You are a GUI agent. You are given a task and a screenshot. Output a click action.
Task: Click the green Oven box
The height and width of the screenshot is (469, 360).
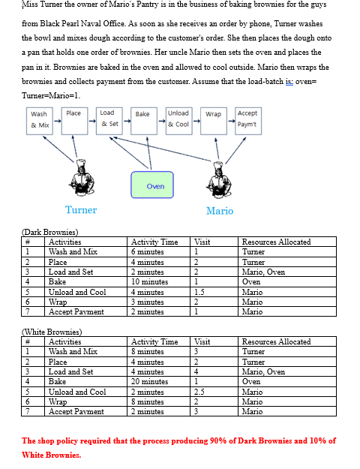155,185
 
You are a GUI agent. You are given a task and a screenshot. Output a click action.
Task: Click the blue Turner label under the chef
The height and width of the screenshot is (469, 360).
81,210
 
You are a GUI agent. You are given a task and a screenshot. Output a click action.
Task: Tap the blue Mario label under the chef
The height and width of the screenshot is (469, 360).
220,211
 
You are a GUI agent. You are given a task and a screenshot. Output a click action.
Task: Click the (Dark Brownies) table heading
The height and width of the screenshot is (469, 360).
50,232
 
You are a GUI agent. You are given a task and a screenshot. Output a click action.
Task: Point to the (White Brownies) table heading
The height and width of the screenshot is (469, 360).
52,332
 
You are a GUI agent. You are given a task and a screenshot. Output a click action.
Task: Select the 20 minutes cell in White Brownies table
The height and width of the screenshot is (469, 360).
150,382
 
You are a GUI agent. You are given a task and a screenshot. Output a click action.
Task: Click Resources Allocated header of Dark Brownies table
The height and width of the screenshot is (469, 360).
276,242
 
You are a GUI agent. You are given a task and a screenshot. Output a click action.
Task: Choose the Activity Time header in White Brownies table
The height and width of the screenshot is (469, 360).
154,341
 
